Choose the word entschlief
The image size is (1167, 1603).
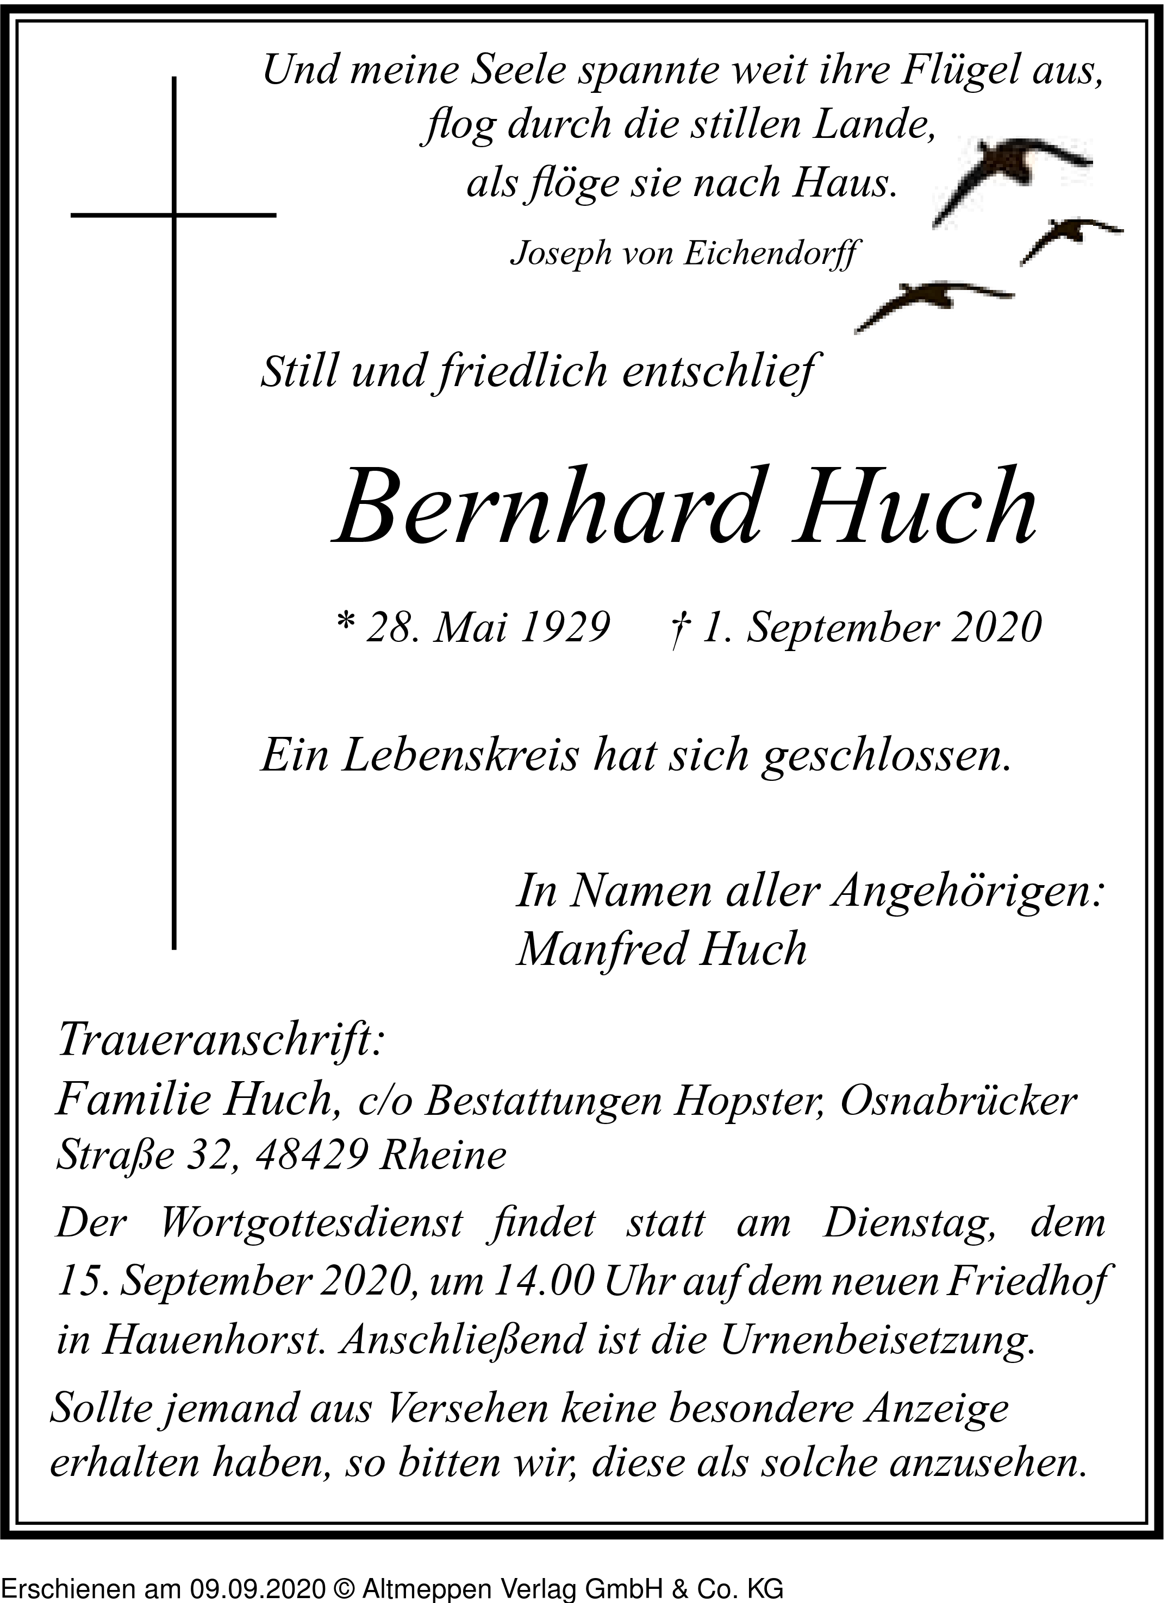pyautogui.click(x=719, y=370)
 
